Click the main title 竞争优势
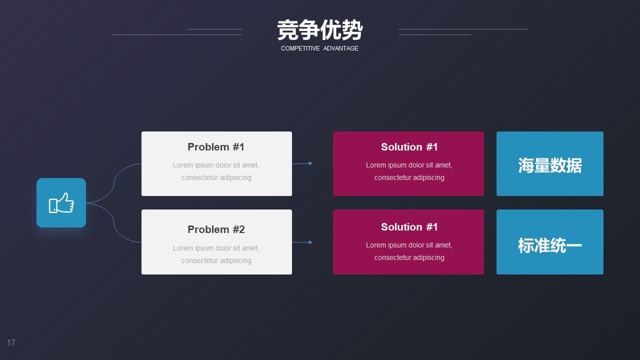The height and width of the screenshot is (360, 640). [x=319, y=30]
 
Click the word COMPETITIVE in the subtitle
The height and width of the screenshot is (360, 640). [x=300, y=48]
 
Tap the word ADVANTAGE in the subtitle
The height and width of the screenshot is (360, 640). [x=341, y=48]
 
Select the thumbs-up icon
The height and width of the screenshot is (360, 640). [x=61, y=203]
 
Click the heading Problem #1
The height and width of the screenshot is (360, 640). [x=216, y=147]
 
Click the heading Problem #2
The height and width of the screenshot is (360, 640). [x=216, y=229]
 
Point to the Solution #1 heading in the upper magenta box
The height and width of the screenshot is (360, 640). [x=409, y=147]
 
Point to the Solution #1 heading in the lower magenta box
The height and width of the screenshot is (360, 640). [x=409, y=227]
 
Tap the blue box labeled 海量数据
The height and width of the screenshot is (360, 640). [x=550, y=163]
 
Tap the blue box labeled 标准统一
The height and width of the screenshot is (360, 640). [x=550, y=242]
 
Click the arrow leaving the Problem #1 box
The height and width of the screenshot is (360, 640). [x=302, y=163]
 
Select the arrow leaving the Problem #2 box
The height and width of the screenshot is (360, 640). [x=302, y=242]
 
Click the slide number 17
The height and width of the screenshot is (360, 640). [x=11, y=342]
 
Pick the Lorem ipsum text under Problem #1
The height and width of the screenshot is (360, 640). [x=216, y=171]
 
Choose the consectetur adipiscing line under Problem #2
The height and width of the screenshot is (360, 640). [x=216, y=260]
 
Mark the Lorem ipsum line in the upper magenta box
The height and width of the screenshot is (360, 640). [x=409, y=165]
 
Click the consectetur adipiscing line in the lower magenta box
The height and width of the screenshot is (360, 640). [x=409, y=257]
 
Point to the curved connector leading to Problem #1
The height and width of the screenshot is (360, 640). [x=113, y=183]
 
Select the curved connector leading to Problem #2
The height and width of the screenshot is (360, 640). [x=113, y=222]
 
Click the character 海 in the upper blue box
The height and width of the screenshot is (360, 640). [x=526, y=165]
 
